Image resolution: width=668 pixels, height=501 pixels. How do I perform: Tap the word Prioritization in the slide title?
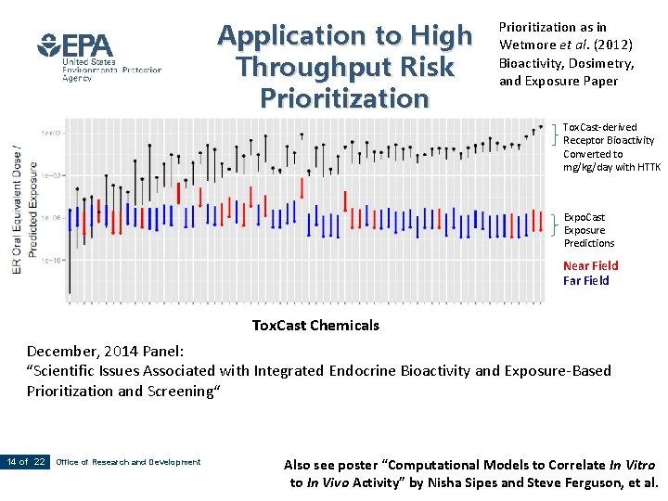pos(345,97)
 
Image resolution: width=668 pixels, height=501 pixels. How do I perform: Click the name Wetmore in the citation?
pos(528,45)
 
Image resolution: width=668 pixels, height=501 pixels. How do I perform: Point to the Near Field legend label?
pos(590,265)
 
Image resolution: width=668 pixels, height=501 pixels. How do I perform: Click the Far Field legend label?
pos(585,280)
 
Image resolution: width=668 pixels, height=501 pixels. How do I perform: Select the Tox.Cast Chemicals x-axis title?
pos(315,326)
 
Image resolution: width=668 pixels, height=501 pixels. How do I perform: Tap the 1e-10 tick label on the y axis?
pos(51,260)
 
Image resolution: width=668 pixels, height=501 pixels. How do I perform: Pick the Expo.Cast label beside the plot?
pos(584,217)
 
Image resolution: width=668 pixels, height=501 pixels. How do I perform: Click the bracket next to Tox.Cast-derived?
pos(556,135)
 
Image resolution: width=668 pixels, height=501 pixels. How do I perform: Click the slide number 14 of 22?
pos(26,462)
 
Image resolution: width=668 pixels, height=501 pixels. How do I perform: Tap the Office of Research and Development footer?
pos(128,462)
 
